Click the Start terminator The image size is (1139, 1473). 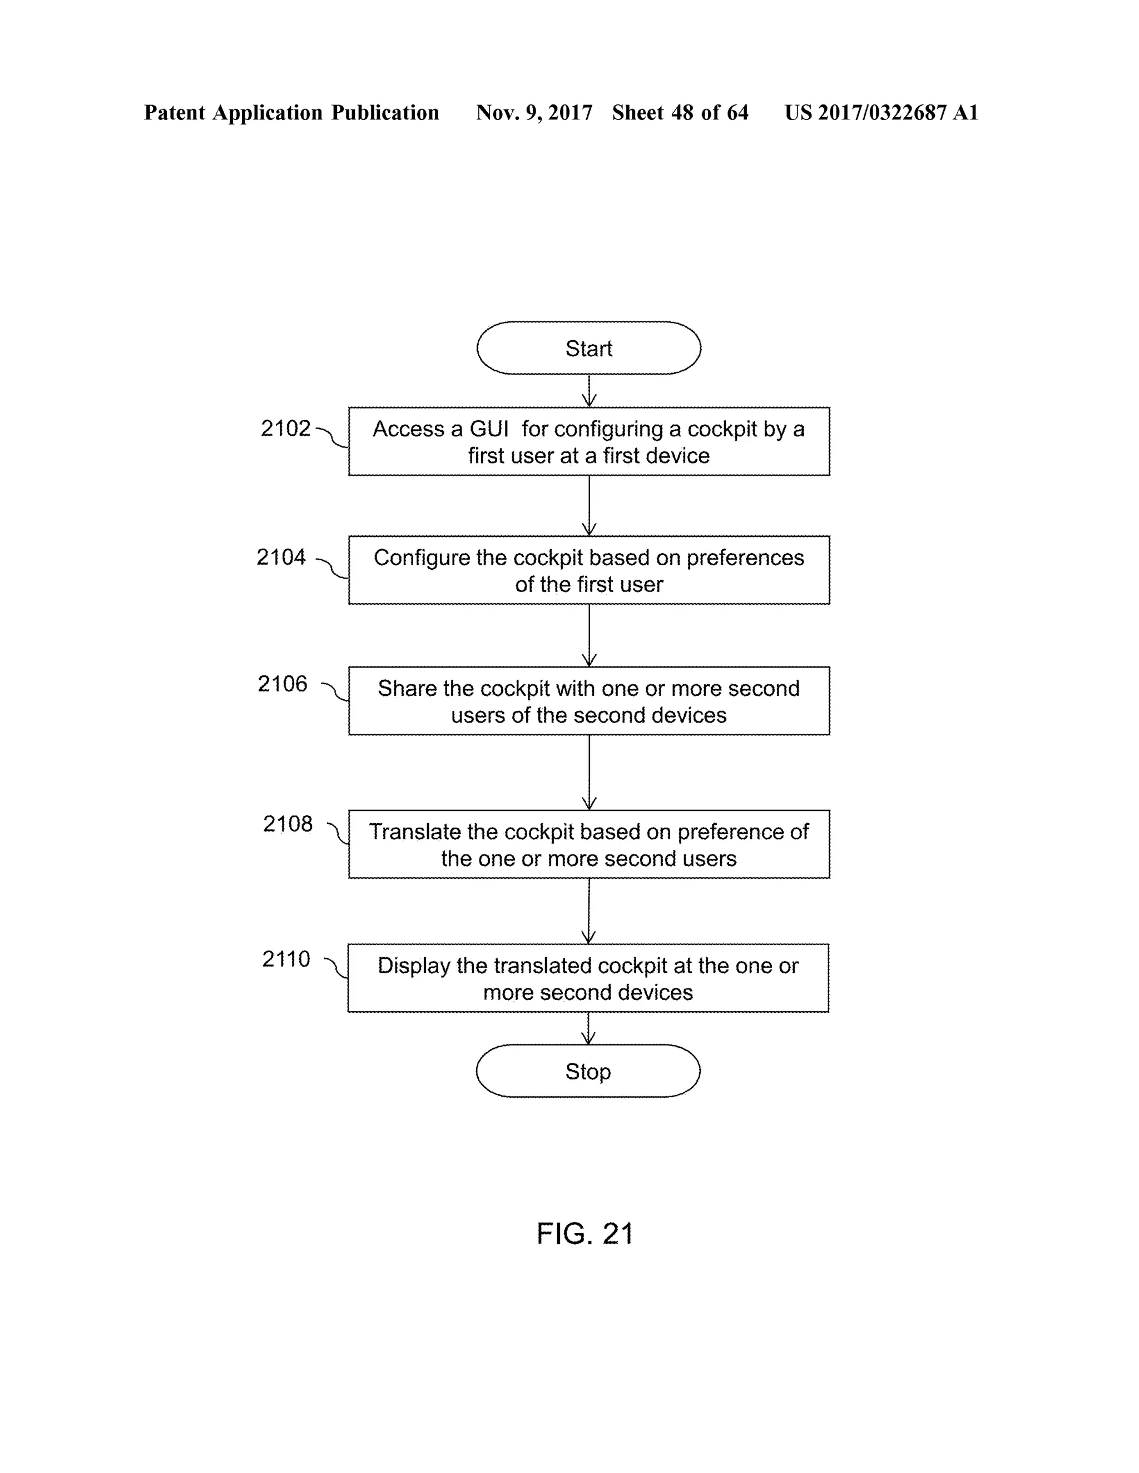point(588,348)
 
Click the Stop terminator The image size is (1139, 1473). point(588,1071)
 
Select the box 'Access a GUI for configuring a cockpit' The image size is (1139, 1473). point(588,442)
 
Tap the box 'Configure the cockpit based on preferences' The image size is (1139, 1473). point(588,571)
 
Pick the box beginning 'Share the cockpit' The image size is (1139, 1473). point(588,701)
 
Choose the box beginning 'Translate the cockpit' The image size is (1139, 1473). point(588,844)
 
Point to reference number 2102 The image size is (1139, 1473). point(285,428)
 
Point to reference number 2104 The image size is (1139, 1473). point(281,557)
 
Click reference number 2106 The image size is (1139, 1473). point(282,684)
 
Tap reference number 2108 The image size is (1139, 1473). point(288,824)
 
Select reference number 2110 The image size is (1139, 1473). point(286,959)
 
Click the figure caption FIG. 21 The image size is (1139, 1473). point(585,1233)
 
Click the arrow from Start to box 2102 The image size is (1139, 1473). point(589,391)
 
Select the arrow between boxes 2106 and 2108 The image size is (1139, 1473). point(589,772)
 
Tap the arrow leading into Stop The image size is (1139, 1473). point(588,1028)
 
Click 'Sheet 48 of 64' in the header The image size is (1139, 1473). point(680,113)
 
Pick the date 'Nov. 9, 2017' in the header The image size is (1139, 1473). point(534,113)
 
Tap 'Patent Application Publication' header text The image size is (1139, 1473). point(291,113)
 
